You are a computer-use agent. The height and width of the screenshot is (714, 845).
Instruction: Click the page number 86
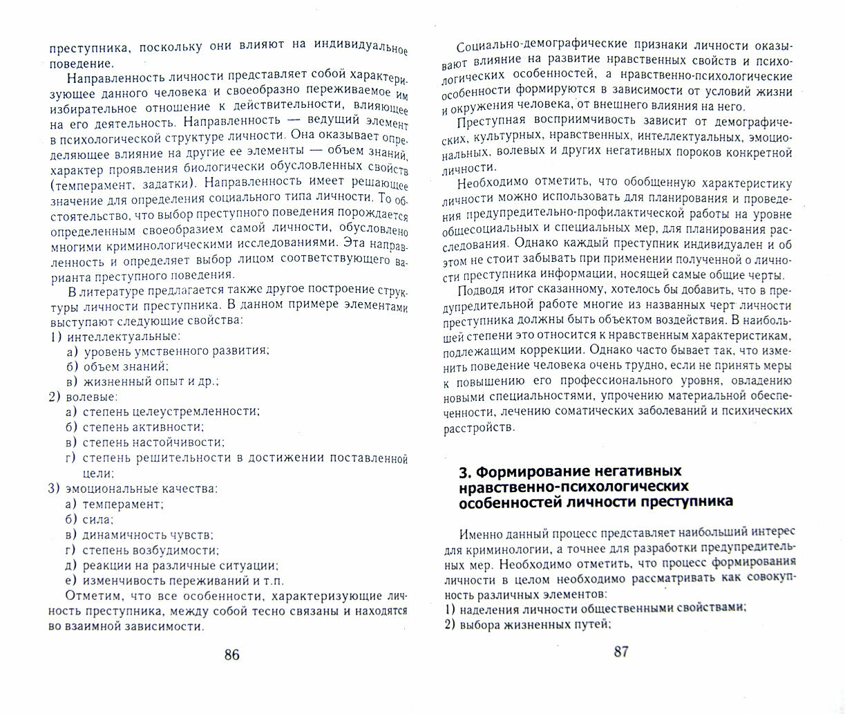231,655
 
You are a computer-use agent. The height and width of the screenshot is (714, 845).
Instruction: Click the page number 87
620,651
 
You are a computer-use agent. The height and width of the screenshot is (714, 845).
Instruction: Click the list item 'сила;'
98,518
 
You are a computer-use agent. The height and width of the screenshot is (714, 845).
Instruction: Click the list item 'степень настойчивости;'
153,442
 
